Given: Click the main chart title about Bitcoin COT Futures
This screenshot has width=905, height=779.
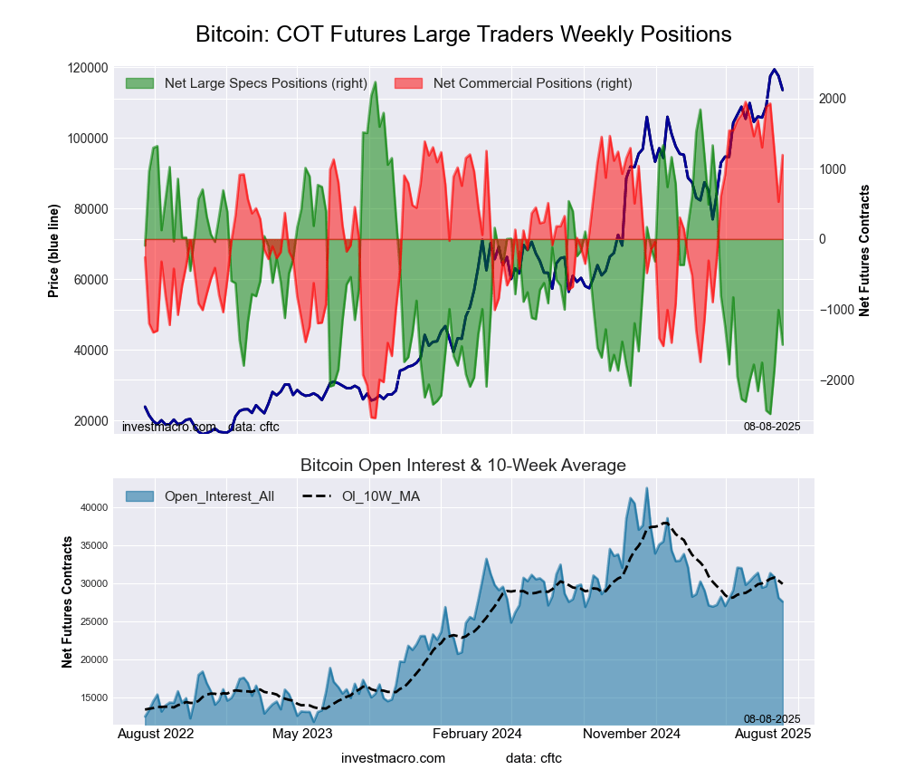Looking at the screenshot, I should tap(463, 34).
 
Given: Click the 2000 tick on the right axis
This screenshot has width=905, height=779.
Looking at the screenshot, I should tap(834, 99).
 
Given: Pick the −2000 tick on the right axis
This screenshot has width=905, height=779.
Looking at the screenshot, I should tap(836, 380).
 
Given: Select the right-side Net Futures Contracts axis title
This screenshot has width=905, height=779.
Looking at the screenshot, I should tap(864, 250).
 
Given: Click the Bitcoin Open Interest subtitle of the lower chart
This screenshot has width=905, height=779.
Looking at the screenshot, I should tap(463, 466).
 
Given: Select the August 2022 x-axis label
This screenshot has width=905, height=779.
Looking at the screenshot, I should tap(156, 734).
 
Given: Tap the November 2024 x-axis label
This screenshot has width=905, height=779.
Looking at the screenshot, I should tap(632, 734).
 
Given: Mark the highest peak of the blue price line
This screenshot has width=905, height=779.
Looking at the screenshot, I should tap(774, 70).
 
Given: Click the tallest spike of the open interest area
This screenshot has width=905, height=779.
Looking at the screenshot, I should tap(646, 488).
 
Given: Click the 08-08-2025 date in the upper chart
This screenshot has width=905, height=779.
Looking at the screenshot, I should tap(772, 426).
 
